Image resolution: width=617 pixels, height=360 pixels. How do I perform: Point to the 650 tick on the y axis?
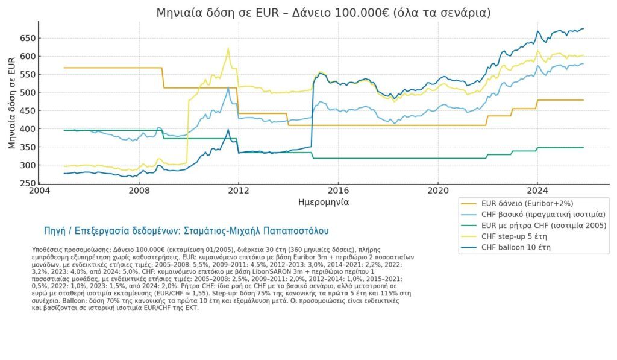[28, 38]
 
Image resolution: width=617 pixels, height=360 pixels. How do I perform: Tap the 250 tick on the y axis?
[28, 183]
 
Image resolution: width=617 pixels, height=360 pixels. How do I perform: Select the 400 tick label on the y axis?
[28, 129]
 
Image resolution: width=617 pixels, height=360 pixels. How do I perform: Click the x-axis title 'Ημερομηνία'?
[324, 202]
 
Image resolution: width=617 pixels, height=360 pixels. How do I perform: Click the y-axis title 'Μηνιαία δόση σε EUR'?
[12, 103]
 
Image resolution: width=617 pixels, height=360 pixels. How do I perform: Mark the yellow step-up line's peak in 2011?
[228, 48]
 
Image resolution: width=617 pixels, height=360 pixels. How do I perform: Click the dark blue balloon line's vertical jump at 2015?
[312, 115]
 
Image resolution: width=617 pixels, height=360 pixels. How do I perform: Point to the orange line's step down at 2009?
[163, 78]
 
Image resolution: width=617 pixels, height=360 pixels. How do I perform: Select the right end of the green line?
[583, 147]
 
